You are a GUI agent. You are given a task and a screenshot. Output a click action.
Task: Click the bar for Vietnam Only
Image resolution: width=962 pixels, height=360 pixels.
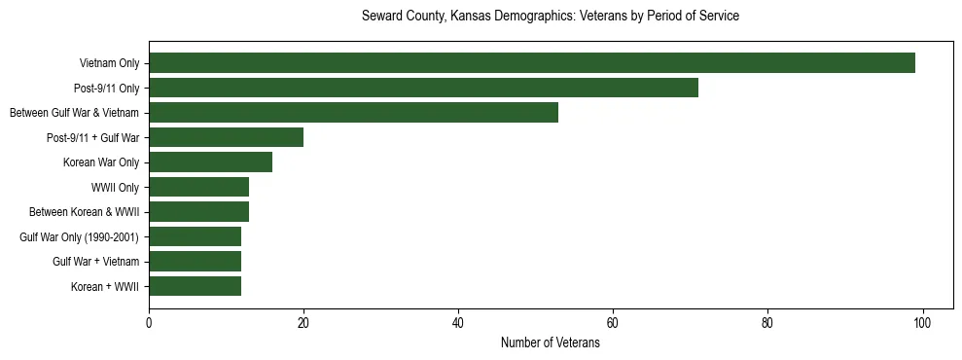pos(531,63)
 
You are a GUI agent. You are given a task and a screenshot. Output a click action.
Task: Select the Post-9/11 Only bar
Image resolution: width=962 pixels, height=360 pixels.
pos(423,88)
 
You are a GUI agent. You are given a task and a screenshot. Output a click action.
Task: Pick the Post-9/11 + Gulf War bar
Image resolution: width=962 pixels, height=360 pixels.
pos(226,137)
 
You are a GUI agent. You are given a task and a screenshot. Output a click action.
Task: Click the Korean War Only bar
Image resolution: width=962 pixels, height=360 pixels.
pos(210,162)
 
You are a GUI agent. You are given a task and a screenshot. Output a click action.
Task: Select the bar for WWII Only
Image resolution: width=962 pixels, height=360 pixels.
pos(198,187)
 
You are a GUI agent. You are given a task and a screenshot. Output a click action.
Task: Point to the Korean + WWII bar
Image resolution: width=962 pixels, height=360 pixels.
pos(195,286)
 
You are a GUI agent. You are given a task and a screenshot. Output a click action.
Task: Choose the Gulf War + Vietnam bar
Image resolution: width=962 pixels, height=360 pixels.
pos(195,262)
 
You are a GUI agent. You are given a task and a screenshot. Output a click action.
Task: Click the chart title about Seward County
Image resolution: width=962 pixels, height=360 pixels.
pos(550,17)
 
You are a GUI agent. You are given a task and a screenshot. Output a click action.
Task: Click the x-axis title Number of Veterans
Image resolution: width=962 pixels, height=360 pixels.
pos(550,343)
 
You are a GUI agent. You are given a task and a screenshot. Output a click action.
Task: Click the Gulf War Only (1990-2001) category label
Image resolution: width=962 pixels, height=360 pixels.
pos(79,237)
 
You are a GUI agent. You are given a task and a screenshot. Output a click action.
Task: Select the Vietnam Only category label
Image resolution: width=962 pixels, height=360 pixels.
pos(109,64)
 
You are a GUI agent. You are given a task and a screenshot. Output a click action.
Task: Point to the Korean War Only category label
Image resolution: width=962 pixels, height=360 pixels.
pos(101,162)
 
